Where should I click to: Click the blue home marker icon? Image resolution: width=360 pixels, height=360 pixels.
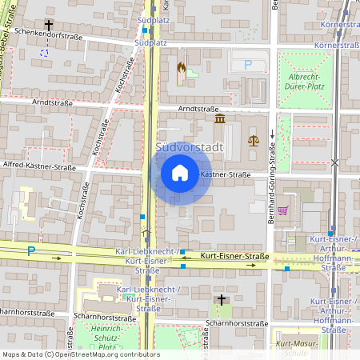pyautogui.click(x=180, y=173)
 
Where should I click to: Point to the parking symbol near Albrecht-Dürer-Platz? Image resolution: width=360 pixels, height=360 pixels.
pyautogui.click(x=247, y=65)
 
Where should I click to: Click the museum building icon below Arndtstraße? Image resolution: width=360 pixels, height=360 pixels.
pyautogui.click(x=220, y=118)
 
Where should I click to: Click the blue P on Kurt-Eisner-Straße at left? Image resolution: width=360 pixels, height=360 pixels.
pyautogui.click(x=31, y=250)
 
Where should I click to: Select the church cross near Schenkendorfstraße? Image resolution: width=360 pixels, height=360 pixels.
pyautogui.click(x=49, y=26)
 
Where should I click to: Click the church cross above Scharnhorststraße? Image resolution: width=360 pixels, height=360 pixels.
pyautogui.click(x=222, y=299)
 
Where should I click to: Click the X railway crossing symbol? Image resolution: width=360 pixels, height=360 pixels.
pyautogui.click(x=334, y=162)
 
